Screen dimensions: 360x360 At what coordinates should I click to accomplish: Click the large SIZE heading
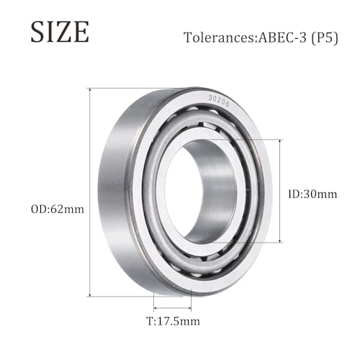click(60, 32)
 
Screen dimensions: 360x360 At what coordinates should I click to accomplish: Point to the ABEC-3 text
click(282, 37)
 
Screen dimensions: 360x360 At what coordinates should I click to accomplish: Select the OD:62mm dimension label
click(58, 210)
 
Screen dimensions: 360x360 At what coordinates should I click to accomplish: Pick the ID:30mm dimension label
click(312, 194)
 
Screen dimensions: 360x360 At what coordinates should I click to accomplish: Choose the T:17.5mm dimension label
click(173, 321)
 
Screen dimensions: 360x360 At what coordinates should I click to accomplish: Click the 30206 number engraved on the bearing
click(219, 102)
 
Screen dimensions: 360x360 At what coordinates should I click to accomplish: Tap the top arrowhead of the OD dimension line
click(90, 90)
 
